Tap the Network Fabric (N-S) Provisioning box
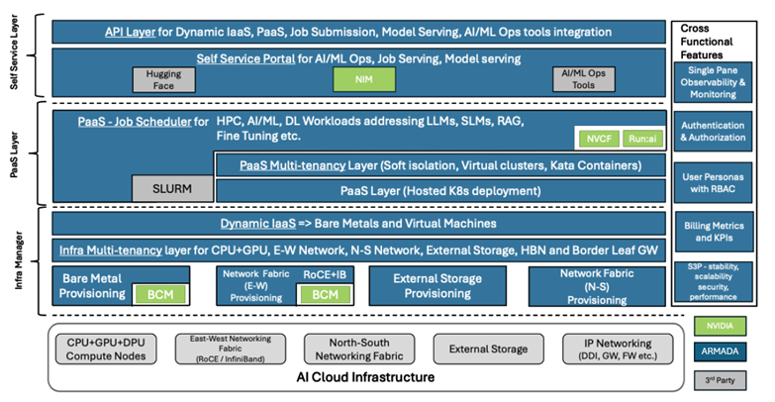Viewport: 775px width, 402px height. pyautogui.click(x=593, y=285)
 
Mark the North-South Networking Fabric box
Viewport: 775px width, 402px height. pyautogui.click(x=361, y=347)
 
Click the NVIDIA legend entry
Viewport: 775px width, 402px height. pyautogui.click(x=720, y=324)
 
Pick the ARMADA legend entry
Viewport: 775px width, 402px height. pyautogui.click(x=720, y=351)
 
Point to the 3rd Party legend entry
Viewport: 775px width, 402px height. pyautogui.click(x=720, y=379)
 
